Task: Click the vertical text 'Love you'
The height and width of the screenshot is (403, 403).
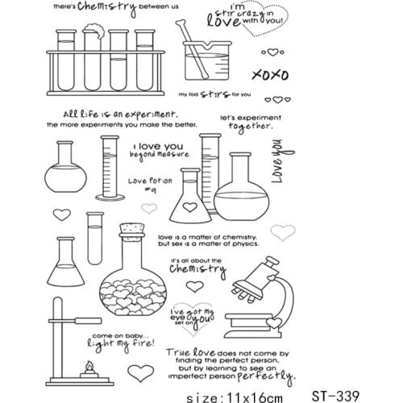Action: click(277, 160)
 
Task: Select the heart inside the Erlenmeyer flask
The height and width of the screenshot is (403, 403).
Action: click(189, 206)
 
